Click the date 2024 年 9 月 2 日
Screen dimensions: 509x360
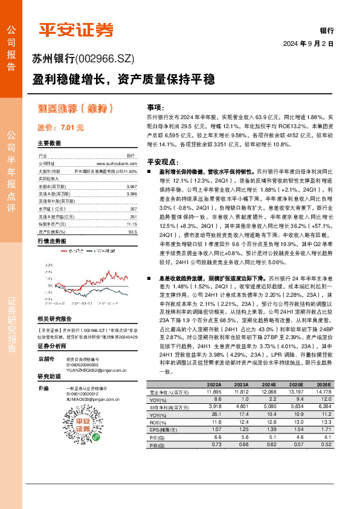click(x=309, y=44)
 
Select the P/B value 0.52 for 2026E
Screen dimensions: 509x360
click(x=326, y=444)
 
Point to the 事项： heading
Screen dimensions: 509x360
click(x=155, y=106)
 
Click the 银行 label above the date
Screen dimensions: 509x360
click(x=326, y=30)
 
